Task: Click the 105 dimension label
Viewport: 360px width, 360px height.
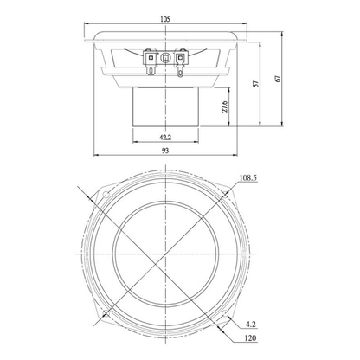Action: (165, 19)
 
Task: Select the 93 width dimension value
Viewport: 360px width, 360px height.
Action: (165, 151)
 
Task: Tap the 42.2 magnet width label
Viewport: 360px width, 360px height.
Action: (165, 138)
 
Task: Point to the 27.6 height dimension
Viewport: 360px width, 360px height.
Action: (225, 106)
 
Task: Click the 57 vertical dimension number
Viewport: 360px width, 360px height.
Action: (256, 84)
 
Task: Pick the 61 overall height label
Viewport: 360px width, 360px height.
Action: (278, 79)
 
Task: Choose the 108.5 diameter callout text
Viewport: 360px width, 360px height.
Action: (248, 178)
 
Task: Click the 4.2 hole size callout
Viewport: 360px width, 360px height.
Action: (251, 325)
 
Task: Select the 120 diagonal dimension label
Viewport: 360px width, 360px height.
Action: (250, 337)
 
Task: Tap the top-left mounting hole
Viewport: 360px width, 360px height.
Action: (106, 194)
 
